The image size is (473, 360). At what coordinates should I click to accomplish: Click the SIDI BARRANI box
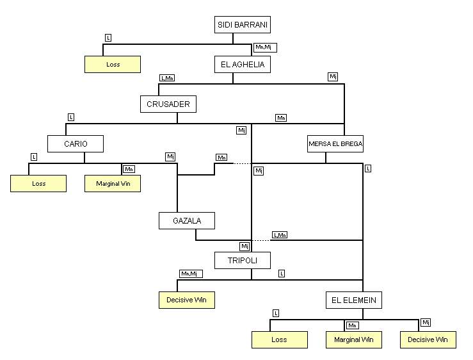coord(243,25)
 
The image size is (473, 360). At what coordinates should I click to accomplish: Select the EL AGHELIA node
coord(243,65)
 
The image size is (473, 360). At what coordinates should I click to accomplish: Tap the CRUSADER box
coord(168,104)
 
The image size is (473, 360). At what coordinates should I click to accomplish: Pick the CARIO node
coord(76,143)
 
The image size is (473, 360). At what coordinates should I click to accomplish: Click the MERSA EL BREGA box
coord(335,144)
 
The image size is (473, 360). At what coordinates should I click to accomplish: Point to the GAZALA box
coord(186,221)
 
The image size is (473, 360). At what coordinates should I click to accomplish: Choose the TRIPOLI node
coord(243,260)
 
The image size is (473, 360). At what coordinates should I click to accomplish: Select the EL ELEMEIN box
coord(353,300)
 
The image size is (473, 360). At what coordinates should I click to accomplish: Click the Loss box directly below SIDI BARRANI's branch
coord(112,65)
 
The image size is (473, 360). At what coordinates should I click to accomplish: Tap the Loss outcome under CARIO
coord(38,183)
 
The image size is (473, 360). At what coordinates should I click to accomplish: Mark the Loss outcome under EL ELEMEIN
coord(279,340)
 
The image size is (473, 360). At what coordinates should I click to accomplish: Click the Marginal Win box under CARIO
coord(113,183)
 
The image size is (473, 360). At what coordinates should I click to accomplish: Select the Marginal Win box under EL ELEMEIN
coord(353,340)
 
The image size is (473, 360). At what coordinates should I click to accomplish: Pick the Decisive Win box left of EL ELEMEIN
coord(186,300)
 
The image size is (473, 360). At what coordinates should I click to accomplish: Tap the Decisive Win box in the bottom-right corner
coord(428,340)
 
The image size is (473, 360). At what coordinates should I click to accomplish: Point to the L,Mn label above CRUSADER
coord(167,78)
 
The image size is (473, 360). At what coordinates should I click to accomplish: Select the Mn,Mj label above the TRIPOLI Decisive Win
coord(191,274)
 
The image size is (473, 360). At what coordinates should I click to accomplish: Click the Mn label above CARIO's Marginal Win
coord(129,169)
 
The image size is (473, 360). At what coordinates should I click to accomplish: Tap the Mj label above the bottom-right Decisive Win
coord(426,322)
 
